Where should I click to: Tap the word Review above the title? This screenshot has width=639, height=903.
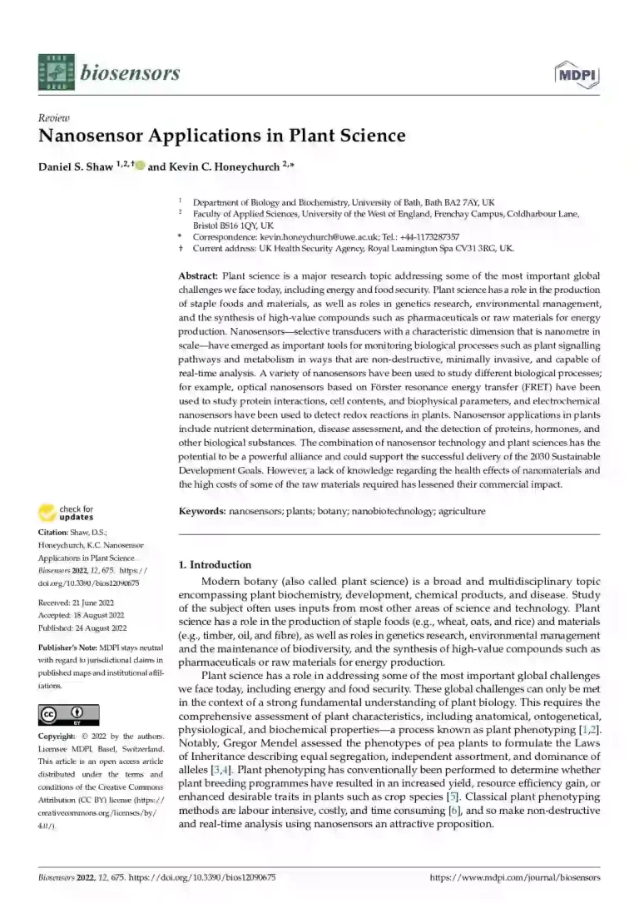pyautogui.click(x=54, y=118)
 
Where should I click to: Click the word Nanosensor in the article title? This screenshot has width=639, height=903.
pyautogui.click(x=91, y=135)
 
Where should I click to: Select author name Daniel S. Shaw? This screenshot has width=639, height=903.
pyautogui.click(x=76, y=166)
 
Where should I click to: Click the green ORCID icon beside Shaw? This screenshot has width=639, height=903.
pyautogui.click(x=140, y=165)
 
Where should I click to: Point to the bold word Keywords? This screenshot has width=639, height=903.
pyautogui.click(x=202, y=511)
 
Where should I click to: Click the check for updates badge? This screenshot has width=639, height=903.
pyautogui.click(x=69, y=513)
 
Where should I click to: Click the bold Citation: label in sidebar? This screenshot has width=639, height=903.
pyautogui.click(x=56, y=532)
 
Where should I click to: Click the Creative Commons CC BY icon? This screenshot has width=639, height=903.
pyautogui.click(x=69, y=715)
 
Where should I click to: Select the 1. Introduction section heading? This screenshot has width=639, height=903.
pyautogui.click(x=215, y=564)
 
